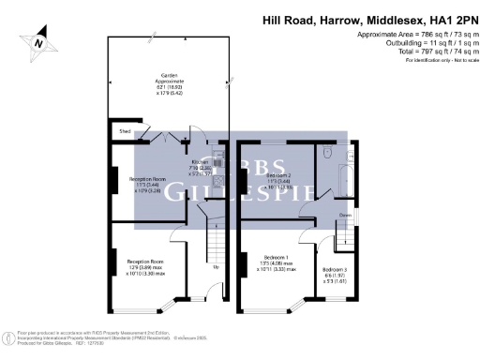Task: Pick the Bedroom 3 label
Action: [x=335, y=275]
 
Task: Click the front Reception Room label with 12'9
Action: [x=146, y=266]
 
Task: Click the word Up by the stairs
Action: [x=217, y=267]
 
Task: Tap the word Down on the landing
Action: [x=345, y=215]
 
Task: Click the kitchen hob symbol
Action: [x=217, y=179]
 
